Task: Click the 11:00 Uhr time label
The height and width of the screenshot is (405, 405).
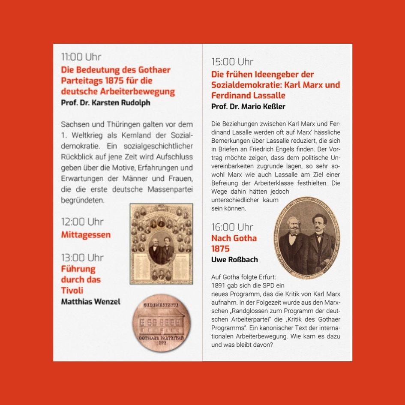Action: [81, 57]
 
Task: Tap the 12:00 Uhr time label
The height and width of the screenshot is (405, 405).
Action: [82, 222]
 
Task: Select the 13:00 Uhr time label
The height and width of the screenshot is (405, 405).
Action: [82, 258]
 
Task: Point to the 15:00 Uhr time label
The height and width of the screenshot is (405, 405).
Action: [232, 62]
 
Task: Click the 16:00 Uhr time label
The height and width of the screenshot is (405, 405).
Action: [232, 227]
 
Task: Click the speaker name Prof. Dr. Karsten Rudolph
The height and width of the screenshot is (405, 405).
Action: [105, 103]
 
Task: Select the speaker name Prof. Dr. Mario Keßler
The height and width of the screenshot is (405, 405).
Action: [248, 106]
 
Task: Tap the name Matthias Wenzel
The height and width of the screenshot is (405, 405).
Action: [91, 302]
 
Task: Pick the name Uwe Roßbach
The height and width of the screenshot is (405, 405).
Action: [234, 260]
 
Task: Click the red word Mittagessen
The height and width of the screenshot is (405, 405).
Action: [86, 235]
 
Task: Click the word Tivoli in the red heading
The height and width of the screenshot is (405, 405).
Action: [72, 291]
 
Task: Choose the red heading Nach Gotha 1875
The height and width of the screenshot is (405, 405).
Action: [234, 243]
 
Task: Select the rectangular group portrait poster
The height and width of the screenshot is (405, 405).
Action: [161, 244]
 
